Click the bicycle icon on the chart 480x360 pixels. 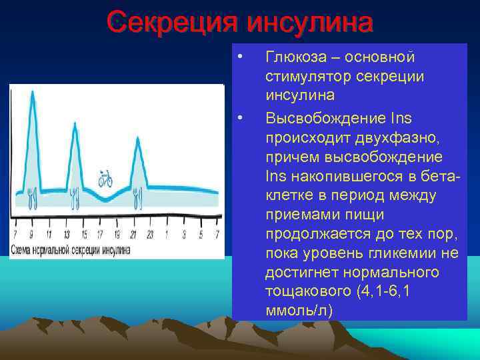click(105, 178)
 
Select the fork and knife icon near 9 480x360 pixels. click(32, 197)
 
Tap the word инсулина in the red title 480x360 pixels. click(309, 22)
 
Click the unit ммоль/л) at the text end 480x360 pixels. click(298, 311)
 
